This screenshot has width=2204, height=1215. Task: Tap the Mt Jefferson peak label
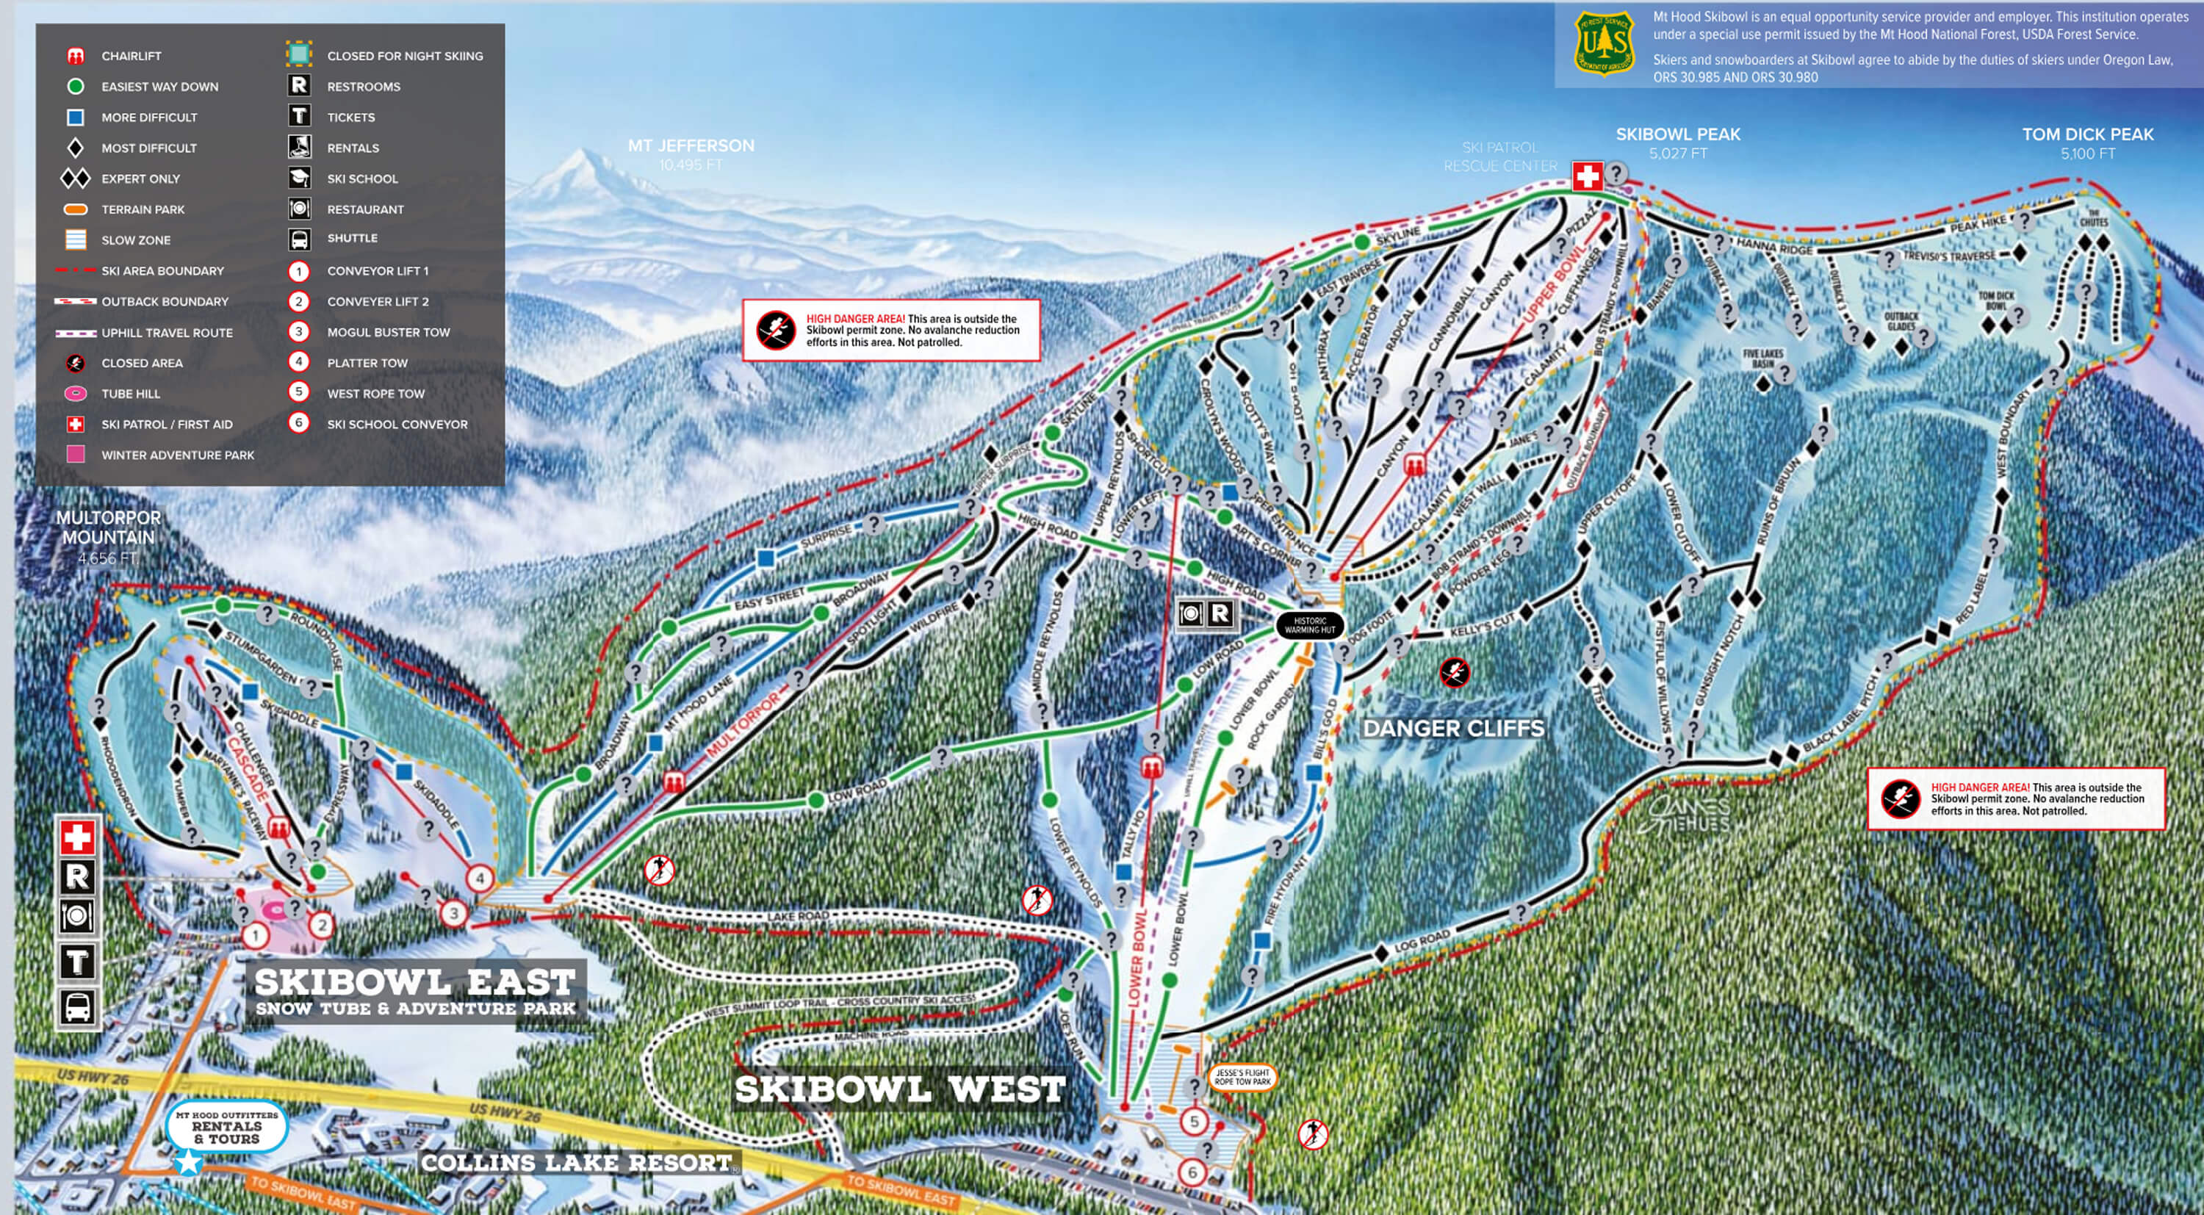click(691, 146)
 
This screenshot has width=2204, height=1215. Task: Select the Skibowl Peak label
click(1677, 135)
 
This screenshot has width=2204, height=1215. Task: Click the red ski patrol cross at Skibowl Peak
click(1587, 177)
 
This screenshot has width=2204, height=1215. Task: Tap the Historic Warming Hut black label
click(1309, 625)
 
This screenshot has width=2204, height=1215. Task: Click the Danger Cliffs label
click(1452, 729)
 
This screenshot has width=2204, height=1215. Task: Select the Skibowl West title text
click(900, 1090)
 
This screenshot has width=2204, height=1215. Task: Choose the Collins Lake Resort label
click(578, 1163)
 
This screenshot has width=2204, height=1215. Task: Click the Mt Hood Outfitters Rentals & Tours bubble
click(227, 1128)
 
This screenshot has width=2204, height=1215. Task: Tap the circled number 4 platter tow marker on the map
click(480, 878)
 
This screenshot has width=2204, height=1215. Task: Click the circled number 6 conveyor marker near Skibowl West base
click(1192, 1172)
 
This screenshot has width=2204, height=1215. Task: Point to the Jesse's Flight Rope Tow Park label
click(1242, 1077)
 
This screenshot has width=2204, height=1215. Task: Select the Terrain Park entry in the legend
click(142, 209)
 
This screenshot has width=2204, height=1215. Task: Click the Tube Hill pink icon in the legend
click(75, 394)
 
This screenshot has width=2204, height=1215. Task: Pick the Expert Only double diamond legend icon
click(75, 179)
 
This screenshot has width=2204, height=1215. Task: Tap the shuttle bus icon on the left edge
click(77, 1007)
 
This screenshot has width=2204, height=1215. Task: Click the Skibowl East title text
click(415, 982)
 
